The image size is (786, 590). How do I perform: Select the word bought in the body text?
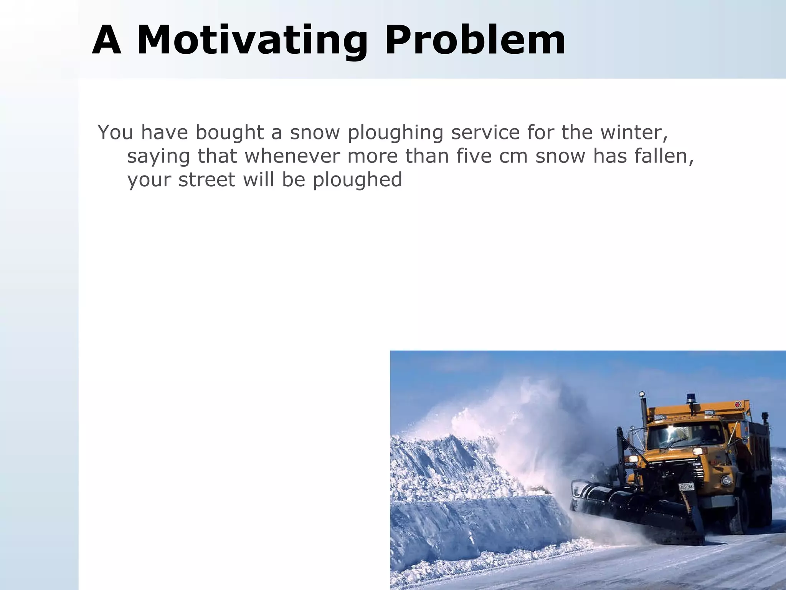point(230,132)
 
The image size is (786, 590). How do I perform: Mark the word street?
point(207,180)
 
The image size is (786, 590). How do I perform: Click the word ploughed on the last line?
point(357,181)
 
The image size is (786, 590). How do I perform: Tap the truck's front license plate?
point(686,487)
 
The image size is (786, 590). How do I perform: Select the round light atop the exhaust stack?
point(641,394)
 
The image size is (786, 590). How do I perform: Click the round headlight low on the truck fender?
point(727,480)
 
